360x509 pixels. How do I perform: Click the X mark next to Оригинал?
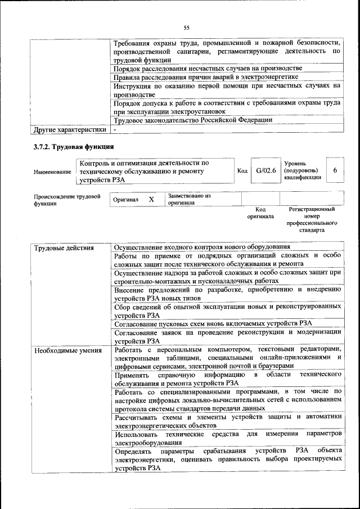(151, 200)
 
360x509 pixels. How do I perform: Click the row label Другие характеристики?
(70, 130)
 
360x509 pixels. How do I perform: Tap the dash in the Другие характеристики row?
(115, 130)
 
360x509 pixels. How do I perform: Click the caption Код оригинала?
(260, 213)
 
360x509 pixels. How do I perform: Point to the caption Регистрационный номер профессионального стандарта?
(312, 220)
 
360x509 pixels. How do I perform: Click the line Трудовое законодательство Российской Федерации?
(193, 120)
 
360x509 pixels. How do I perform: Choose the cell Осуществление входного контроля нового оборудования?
(202, 247)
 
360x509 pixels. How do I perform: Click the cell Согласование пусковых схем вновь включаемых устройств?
(213, 324)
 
